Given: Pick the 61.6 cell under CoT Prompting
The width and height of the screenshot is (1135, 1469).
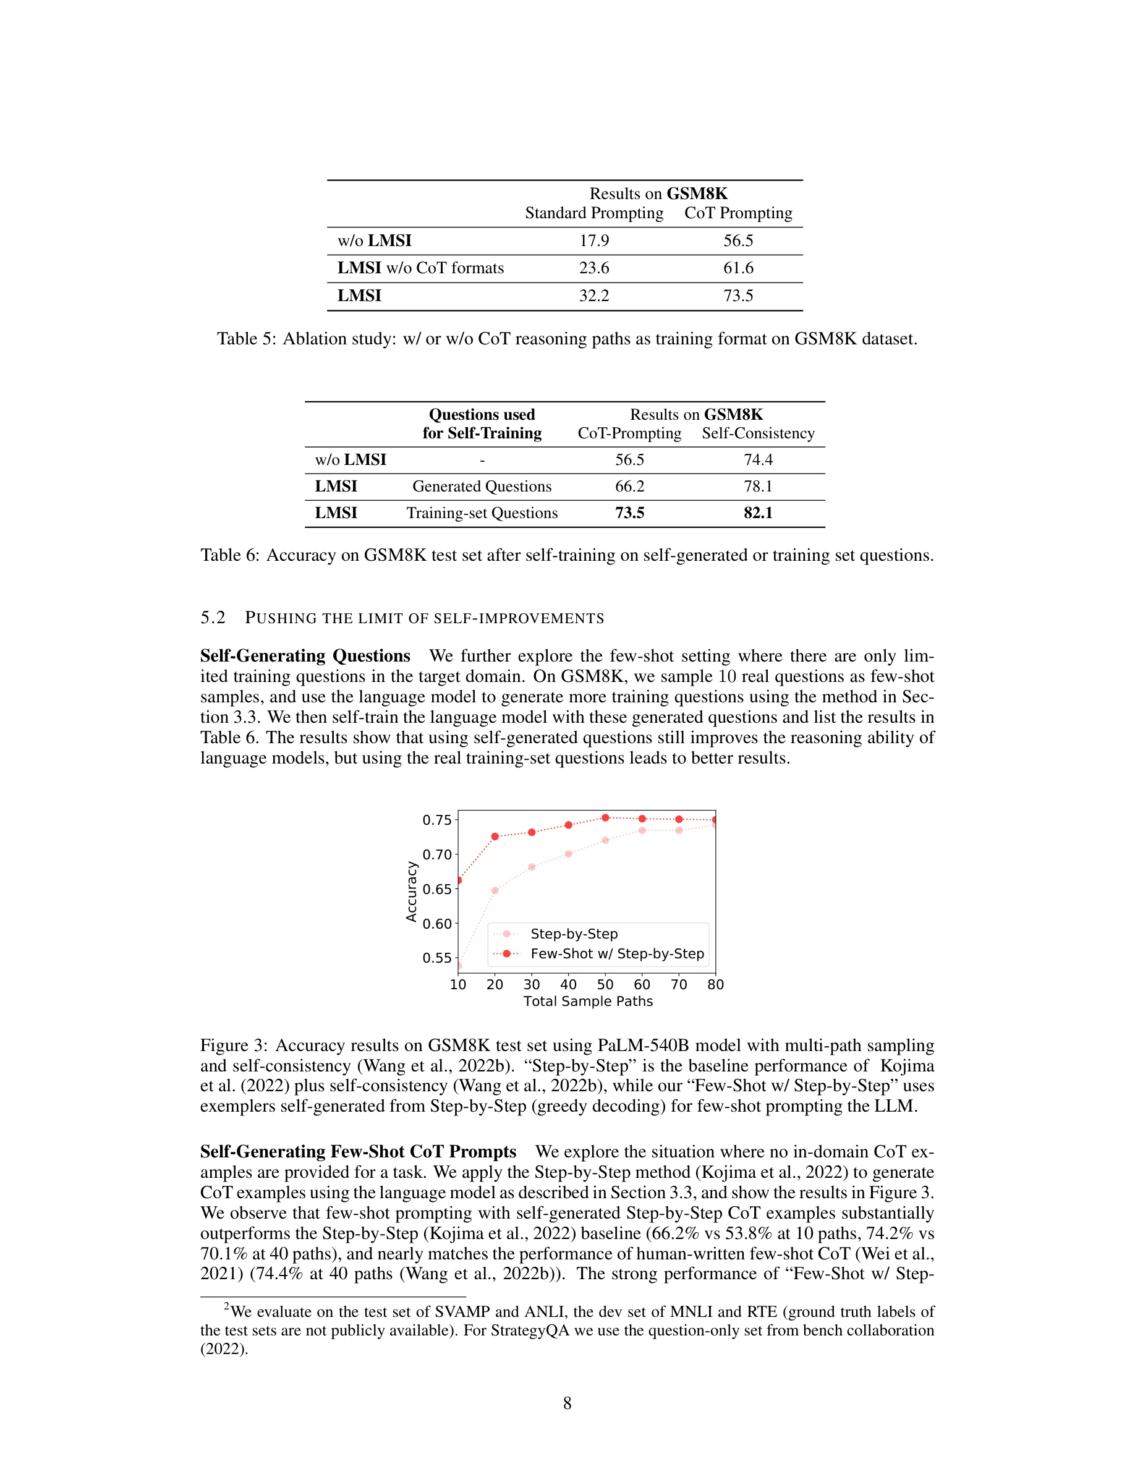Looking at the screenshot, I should coord(738,268).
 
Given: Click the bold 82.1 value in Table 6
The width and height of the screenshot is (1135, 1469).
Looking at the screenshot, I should coord(758,513).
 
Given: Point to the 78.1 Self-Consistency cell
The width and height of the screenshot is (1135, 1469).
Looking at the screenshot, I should coord(758,487).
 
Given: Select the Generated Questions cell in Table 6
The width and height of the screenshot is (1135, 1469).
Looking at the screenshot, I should coord(482,487).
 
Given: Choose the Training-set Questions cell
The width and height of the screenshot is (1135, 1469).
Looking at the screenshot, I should coord(482,513).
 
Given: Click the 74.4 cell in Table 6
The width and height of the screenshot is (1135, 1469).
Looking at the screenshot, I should coord(758,460).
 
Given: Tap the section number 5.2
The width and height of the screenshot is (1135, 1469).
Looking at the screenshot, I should coord(213,618).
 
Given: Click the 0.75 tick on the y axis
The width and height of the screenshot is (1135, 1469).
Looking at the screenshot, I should coord(436,820).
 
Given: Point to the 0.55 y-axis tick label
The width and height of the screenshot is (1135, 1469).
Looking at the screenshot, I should coord(436,958).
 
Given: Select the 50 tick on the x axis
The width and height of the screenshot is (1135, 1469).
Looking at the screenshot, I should coord(605,985).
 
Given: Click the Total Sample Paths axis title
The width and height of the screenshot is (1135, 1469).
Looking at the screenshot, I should coord(588,1002).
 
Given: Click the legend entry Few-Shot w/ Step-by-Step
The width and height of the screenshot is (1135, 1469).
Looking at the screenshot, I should coord(616,954).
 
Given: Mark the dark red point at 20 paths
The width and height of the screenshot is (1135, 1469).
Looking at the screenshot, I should coord(495,837).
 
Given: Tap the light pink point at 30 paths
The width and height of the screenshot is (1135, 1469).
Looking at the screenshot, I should coord(532,867).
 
